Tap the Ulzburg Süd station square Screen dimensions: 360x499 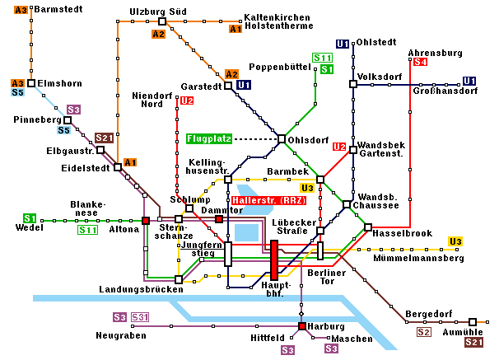click(x=162, y=21)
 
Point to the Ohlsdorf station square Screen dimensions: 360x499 click(x=282, y=138)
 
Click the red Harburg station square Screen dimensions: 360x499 click(x=302, y=326)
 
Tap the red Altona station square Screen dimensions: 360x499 click(x=146, y=221)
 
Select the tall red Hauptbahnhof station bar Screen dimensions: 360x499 click(x=273, y=260)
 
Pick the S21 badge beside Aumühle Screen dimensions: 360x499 click(x=473, y=342)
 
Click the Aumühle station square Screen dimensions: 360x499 click(x=473, y=322)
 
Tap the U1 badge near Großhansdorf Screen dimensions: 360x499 click(x=469, y=81)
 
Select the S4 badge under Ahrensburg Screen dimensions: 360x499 click(x=420, y=62)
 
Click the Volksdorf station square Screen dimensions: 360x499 click(x=352, y=83)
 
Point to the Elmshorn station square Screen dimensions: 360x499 click(x=31, y=83)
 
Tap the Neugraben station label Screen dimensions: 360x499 click(x=120, y=336)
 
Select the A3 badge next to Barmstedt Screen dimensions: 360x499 click(x=21, y=10)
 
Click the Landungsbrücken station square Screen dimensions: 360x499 click(x=179, y=280)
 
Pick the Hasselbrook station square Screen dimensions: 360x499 click(x=368, y=227)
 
